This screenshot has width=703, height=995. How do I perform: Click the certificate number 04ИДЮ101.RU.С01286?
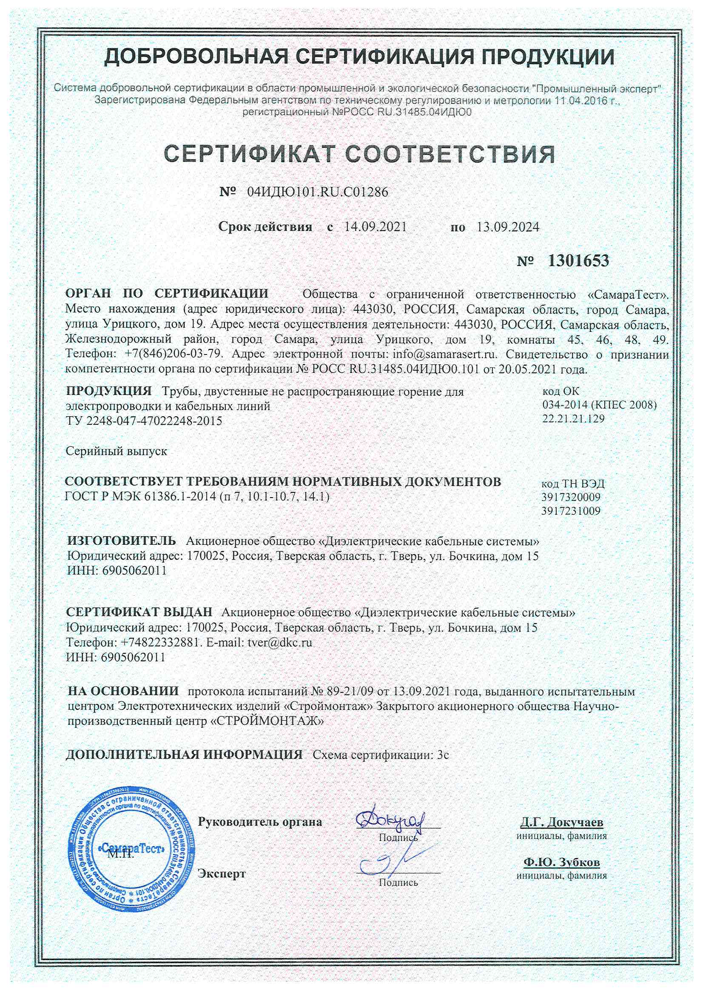(x=318, y=192)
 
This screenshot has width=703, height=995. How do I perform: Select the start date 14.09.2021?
(x=375, y=227)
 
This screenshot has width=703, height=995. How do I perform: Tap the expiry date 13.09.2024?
(x=508, y=227)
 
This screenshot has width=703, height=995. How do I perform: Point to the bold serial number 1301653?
(x=578, y=261)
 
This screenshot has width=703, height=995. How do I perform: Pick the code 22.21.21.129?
(x=573, y=419)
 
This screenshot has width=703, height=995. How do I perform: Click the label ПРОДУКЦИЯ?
(x=109, y=392)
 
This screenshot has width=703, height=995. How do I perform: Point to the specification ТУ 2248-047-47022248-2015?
(x=144, y=421)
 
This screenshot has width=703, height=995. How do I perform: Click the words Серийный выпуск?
(x=116, y=451)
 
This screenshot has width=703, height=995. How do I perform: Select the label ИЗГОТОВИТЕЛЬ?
(x=122, y=541)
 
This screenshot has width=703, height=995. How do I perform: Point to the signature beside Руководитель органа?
(x=390, y=820)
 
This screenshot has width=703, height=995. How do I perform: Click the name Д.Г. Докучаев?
(x=561, y=822)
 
